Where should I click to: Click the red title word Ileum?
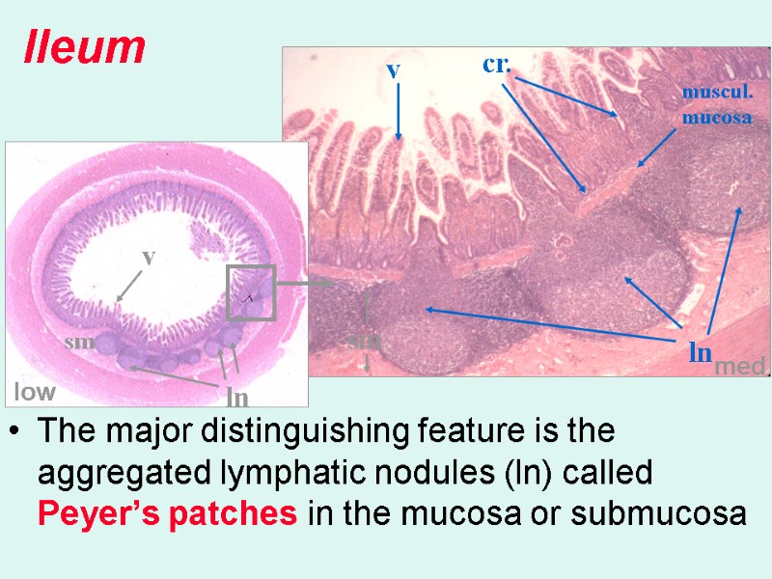84,47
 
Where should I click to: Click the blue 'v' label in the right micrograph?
393,69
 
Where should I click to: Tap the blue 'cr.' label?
496,65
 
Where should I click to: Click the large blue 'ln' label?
701,352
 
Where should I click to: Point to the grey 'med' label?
738,366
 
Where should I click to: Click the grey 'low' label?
34,392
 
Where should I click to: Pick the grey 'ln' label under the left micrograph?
236,397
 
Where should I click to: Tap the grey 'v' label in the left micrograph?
148,258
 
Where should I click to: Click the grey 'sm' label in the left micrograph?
76,343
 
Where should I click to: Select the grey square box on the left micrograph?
251,292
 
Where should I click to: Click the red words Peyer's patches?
167,513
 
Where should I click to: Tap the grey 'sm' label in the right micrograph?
365,341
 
